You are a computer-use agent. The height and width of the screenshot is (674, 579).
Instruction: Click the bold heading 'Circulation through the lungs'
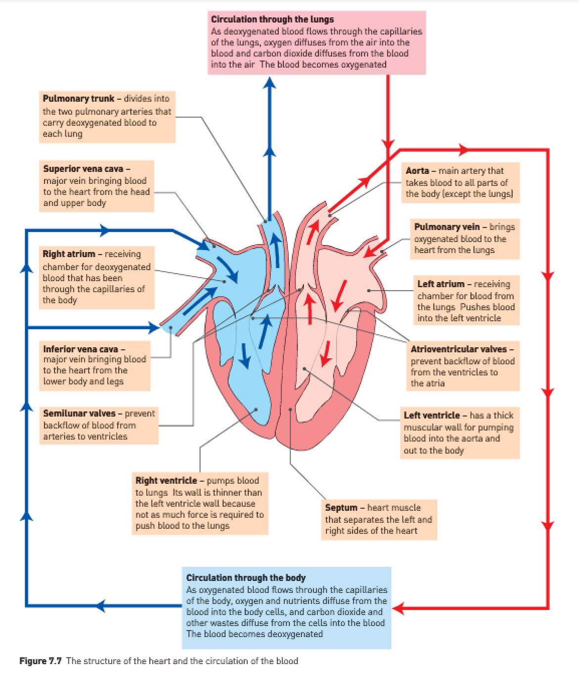[272, 19]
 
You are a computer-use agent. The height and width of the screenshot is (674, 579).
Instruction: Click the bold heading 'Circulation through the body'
[246, 578]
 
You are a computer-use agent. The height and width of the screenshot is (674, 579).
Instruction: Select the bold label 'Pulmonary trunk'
[78, 98]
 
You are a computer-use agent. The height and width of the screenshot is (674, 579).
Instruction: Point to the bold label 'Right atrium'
[69, 254]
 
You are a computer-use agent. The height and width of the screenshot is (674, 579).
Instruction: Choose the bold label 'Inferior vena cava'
[81, 349]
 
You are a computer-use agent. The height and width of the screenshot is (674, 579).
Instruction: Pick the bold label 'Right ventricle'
[166, 480]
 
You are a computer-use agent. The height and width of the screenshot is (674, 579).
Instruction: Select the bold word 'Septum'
[341, 507]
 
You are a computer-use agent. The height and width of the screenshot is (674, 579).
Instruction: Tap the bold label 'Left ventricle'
[432, 415]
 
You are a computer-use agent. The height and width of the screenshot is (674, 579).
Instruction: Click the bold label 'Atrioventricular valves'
[458, 349]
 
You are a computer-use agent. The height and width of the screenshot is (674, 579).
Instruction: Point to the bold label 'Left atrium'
[441, 284]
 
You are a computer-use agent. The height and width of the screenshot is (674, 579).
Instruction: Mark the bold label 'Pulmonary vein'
[446, 227]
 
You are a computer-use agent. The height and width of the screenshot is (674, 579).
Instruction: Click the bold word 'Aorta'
[417, 170]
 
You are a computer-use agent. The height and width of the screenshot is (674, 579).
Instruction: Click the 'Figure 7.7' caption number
[41, 661]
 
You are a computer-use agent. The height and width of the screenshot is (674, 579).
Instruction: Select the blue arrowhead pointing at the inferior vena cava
[153, 327]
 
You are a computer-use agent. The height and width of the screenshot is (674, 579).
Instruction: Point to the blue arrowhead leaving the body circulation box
[101, 605]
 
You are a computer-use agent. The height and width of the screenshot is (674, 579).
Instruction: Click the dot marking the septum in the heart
[291, 410]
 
